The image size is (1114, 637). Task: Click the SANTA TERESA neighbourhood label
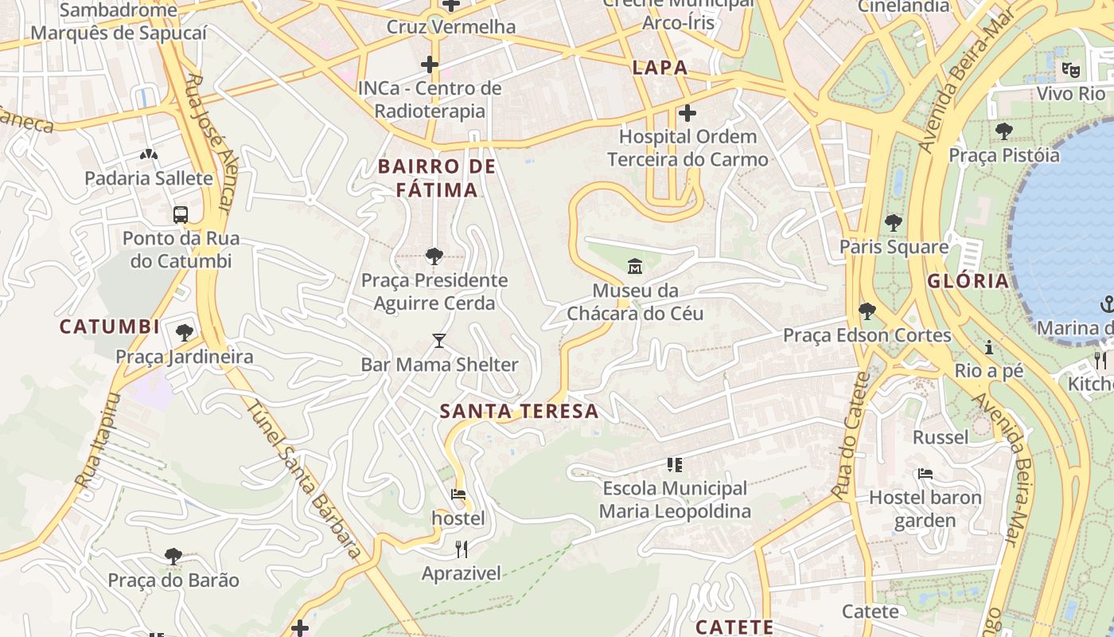coord(519,412)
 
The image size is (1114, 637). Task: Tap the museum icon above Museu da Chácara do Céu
coord(635,265)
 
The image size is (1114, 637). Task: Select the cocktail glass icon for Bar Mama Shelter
coord(438,341)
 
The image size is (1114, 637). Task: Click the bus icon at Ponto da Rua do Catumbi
coord(181,214)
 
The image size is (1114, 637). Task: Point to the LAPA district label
coord(660,68)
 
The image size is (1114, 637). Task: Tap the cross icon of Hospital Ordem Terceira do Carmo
coord(687,113)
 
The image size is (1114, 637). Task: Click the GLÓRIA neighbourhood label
coord(968,280)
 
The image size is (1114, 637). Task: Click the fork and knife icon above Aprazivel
coord(461,549)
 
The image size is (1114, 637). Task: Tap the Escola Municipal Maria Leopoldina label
coord(675,499)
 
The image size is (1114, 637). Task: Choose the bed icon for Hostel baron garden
coord(925,473)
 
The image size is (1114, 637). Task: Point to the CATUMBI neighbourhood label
coord(110,326)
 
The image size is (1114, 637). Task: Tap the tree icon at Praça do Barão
coord(173,556)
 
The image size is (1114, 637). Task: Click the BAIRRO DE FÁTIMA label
coord(437,178)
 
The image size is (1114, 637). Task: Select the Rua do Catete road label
coord(848,436)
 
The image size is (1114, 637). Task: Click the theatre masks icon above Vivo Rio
coord(1071,70)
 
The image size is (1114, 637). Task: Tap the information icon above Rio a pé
coord(989,347)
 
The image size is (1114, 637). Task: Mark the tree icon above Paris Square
coord(894,223)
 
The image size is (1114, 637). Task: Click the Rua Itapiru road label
coord(97,440)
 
